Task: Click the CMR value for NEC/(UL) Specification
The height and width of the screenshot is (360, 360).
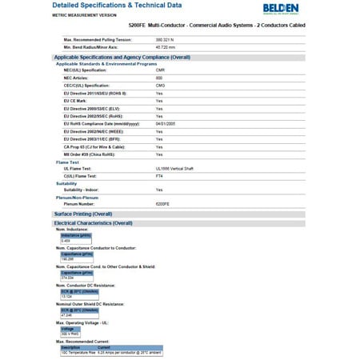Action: click(x=160, y=70)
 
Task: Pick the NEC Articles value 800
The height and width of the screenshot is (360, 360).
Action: click(x=159, y=77)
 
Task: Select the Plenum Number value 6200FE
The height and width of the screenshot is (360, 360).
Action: click(x=163, y=203)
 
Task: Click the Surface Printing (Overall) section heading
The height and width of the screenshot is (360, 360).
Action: click(x=83, y=214)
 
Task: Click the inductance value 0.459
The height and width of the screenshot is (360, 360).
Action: click(x=66, y=240)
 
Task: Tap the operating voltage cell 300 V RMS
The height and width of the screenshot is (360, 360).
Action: click(x=70, y=333)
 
